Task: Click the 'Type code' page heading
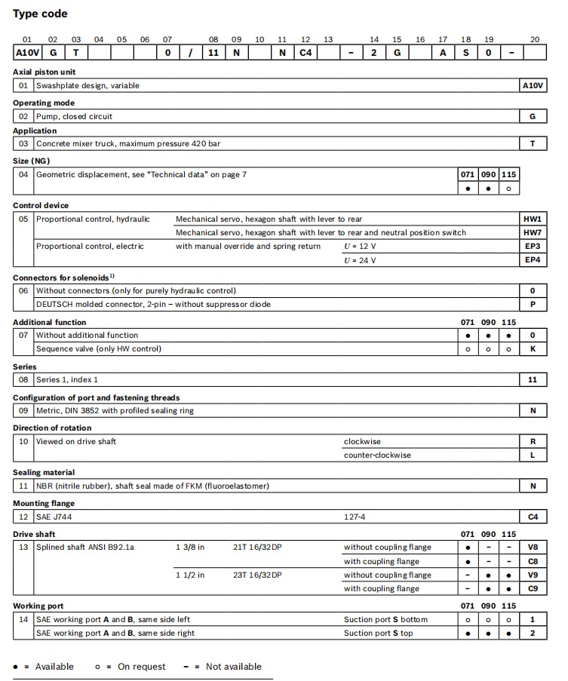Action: coord(40,14)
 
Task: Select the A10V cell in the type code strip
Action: coord(26,53)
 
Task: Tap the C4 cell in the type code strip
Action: coord(305,53)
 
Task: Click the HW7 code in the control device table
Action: coord(533,232)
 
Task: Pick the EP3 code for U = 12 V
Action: coord(533,246)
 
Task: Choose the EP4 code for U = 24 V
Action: coord(533,260)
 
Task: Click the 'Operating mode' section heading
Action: coord(43,103)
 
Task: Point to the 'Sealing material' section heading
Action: coord(44,473)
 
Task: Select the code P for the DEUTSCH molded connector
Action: coord(533,305)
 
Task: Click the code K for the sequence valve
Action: coord(533,349)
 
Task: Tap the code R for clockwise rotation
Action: coord(533,442)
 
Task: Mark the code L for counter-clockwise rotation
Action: coord(533,456)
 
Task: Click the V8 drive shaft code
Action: coord(533,548)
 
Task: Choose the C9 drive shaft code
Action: coord(533,589)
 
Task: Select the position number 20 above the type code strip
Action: coord(535,39)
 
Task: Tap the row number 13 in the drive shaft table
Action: coord(23,548)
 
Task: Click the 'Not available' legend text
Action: coord(233,667)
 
